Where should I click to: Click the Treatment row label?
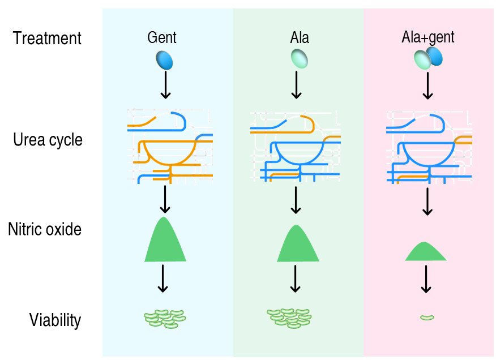click(x=48, y=38)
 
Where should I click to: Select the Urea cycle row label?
click(x=48, y=140)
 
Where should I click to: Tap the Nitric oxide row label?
click(x=45, y=230)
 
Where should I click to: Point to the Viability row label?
click(x=55, y=320)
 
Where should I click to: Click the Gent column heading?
click(x=162, y=38)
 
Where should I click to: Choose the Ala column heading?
click(x=300, y=38)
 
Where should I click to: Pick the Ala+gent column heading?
click(x=427, y=38)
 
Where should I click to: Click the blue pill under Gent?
click(x=164, y=59)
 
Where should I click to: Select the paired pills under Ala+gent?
click(x=428, y=58)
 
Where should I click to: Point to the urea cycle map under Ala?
click(x=296, y=146)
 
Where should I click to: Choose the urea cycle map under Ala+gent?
click(x=429, y=146)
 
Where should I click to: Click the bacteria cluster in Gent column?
click(x=165, y=319)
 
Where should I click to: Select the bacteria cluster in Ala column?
click(x=289, y=319)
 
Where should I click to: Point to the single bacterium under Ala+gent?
click(x=427, y=317)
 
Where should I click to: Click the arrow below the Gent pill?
click(x=165, y=84)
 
